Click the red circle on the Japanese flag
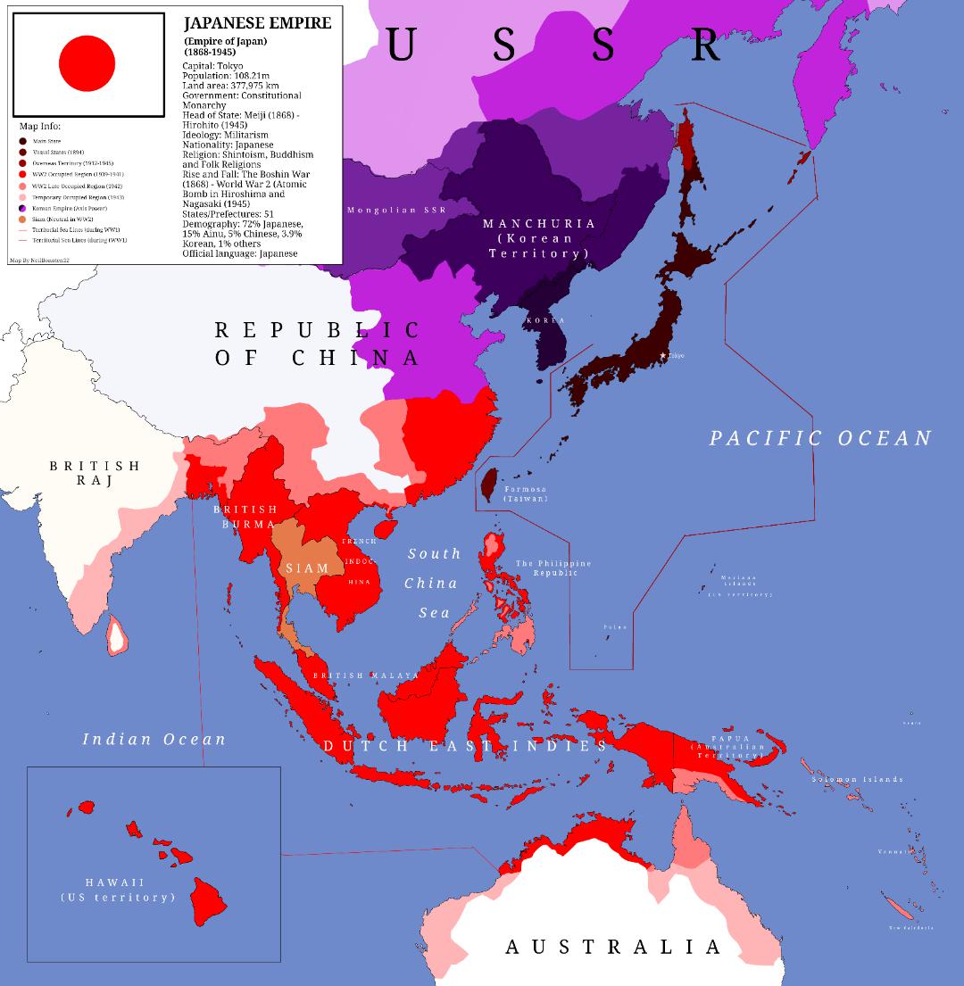tap(87, 63)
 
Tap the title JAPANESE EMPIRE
tap(257, 24)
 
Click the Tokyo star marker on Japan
tap(663, 356)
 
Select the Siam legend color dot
tap(23, 219)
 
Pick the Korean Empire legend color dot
tap(23, 207)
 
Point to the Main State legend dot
tap(23, 141)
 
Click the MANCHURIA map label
tap(538, 224)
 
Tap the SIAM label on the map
tap(307, 568)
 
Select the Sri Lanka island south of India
tap(115, 634)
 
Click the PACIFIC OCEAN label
tap(820, 438)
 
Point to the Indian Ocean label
tap(154, 739)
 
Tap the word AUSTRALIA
tap(613, 947)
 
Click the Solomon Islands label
tap(857, 779)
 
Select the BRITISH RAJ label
tap(95, 473)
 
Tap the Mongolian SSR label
tap(395, 210)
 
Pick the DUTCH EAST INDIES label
tap(465, 746)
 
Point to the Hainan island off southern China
tap(386, 528)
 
